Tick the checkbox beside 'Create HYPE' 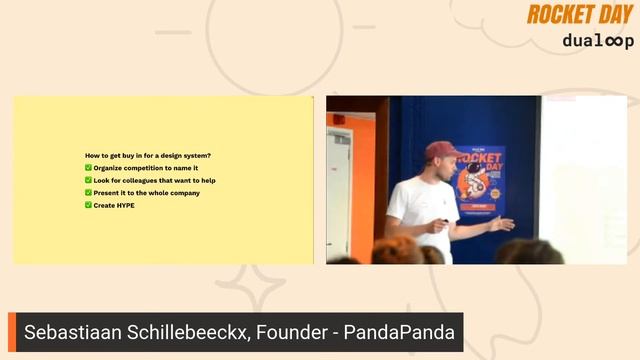(x=88, y=205)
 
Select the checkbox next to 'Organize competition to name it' (x=88, y=168)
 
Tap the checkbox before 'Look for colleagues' (x=88, y=180)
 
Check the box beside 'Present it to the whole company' (x=88, y=193)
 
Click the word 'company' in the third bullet (x=184, y=193)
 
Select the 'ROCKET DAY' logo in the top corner (x=580, y=14)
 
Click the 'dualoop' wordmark (x=597, y=41)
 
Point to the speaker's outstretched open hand (x=502, y=223)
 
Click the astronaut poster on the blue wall (x=479, y=180)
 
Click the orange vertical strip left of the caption (x=13, y=332)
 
